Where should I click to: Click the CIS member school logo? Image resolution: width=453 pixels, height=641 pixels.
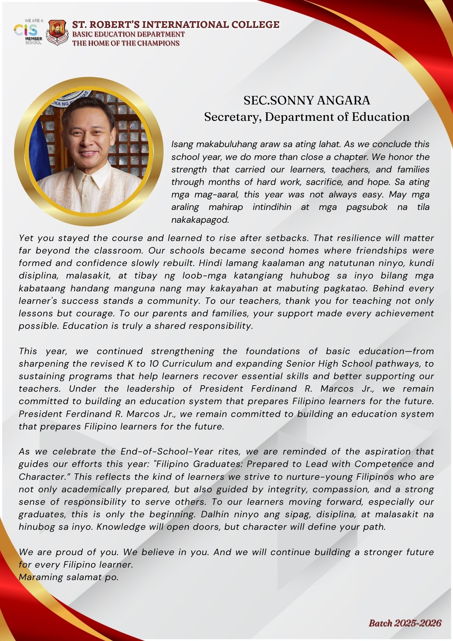click(x=28, y=32)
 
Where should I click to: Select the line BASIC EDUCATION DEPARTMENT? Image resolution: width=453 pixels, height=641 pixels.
click(x=128, y=34)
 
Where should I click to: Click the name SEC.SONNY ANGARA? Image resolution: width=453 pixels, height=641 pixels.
click(x=307, y=101)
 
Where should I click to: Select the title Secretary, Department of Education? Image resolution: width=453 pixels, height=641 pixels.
click(x=307, y=117)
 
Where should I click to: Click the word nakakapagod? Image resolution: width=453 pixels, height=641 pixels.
click(x=200, y=220)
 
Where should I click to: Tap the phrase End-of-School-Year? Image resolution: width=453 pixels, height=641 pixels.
click(x=167, y=452)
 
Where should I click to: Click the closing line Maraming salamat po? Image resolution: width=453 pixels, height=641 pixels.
click(x=69, y=577)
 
